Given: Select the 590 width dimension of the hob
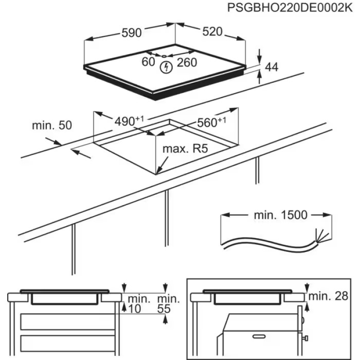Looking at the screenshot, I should tap(132, 32).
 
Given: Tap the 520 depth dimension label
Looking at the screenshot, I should tap(212, 31).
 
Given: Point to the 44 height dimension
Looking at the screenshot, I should tap(271, 67).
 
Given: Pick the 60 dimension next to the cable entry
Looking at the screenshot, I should tap(148, 62).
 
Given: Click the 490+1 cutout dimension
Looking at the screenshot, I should tap(129, 121).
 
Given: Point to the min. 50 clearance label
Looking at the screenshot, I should tap(52, 126).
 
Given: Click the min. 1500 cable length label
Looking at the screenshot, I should tap(280, 215).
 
